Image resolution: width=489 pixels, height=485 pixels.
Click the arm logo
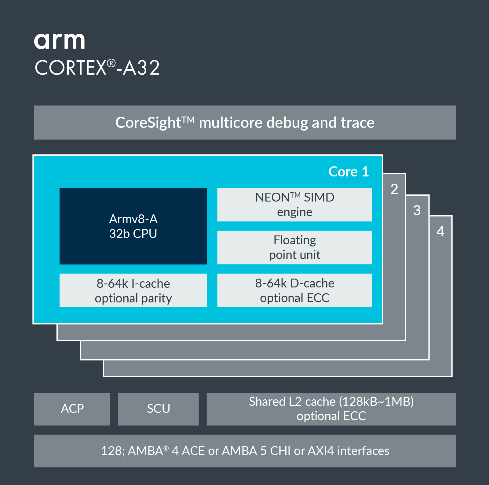point(59,41)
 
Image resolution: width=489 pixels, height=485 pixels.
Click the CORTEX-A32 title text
point(97,68)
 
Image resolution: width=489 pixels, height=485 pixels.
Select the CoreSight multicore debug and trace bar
point(245,123)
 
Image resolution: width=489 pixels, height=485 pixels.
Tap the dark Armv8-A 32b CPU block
point(133,226)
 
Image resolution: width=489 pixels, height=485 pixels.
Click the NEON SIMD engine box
point(294,205)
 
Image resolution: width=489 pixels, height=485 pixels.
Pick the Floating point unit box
point(294,247)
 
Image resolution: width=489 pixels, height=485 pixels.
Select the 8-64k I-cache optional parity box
point(133,291)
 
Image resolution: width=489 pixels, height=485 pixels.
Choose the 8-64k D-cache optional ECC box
point(294,291)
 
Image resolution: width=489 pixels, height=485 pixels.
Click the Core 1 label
point(349,172)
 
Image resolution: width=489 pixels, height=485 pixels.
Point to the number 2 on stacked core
point(394,189)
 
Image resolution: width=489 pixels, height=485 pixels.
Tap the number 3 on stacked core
point(417,210)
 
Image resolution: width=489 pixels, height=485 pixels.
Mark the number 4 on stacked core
point(440,231)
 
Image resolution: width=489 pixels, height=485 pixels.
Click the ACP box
point(72,409)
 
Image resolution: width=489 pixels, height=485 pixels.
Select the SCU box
point(158,409)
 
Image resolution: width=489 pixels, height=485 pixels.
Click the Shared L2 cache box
point(331,409)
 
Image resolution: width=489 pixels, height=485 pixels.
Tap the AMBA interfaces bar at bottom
point(245,451)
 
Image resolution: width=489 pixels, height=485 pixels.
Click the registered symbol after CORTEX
point(111,63)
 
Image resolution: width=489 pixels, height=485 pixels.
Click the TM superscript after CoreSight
point(188,119)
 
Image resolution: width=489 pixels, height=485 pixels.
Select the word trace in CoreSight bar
point(357,123)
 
